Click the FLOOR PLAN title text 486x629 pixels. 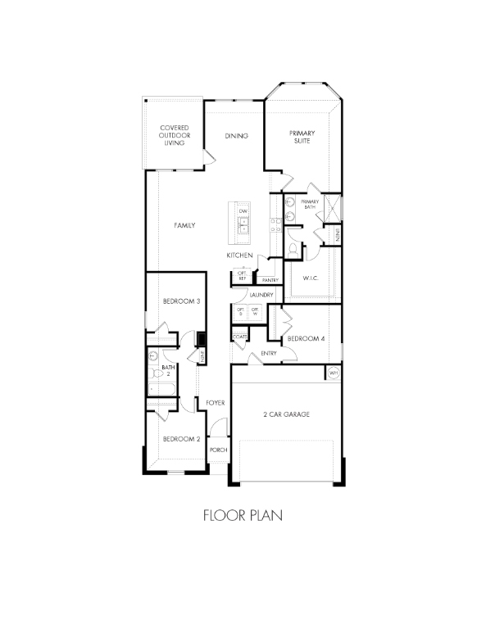(x=242, y=516)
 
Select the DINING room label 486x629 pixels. (x=237, y=135)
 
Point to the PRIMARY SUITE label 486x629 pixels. (x=302, y=137)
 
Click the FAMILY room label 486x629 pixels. (x=184, y=225)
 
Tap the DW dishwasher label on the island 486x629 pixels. (x=243, y=211)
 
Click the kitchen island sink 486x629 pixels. (x=243, y=229)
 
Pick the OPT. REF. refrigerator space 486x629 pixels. (x=243, y=276)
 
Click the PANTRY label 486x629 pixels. (x=270, y=280)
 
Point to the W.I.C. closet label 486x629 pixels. (x=310, y=278)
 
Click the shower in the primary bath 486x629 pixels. (x=332, y=206)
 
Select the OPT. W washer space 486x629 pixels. (x=256, y=312)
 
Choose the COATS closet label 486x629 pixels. (x=240, y=337)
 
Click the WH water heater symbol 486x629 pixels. (x=333, y=373)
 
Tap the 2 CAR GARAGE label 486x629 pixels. (x=286, y=415)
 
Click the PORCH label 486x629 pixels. (x=218, y=450)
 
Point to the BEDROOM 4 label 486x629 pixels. (x=305, y=338)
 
